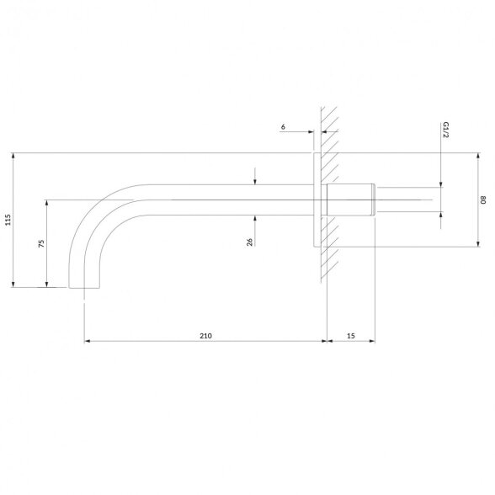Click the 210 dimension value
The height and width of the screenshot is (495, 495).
(x=205, y=336)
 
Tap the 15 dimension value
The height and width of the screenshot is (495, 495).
(x=351, y=336)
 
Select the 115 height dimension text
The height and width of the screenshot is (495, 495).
(x=8, y=220)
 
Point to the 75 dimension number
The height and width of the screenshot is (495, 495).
(x=41, y=243)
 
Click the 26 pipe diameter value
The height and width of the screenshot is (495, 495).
(x=249, y=242)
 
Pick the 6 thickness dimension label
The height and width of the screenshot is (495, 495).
(x=283, y=126)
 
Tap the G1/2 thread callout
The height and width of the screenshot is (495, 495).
(x=446, y=130)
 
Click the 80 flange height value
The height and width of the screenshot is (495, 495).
(x=483, y=200)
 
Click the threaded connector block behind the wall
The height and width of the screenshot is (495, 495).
(x=351, y=200)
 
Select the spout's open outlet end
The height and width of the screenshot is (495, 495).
(x=84, y=288)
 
